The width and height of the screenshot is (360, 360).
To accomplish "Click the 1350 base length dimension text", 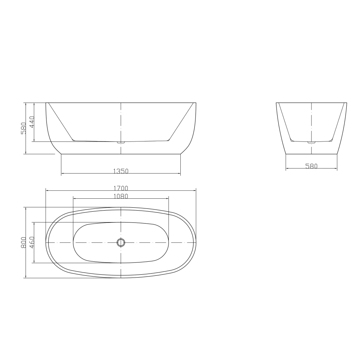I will click(121, 171).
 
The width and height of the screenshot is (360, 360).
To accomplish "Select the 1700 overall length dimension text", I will click(121, 188).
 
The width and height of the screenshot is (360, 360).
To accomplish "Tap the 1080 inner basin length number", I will click(121, 196).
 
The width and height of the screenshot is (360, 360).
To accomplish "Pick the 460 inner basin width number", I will click(32, 242).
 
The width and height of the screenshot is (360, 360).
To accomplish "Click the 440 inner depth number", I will click(32, 122).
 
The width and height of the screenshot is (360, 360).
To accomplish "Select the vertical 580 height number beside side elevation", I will click(23, 129).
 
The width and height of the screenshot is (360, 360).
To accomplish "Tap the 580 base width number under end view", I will click(311, 166).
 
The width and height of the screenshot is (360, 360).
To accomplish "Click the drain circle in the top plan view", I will click(121, 242).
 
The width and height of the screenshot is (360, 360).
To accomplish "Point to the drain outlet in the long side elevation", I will click(121, 143).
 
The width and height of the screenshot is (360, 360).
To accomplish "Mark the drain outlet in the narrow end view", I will click(311, 143).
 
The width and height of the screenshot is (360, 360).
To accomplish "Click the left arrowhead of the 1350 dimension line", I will click(62, 174).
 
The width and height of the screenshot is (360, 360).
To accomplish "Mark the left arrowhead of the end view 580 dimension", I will click(287, 169).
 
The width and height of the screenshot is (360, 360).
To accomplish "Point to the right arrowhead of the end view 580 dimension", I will click(337, 169).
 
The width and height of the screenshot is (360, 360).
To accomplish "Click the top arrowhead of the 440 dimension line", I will click(34, 104).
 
